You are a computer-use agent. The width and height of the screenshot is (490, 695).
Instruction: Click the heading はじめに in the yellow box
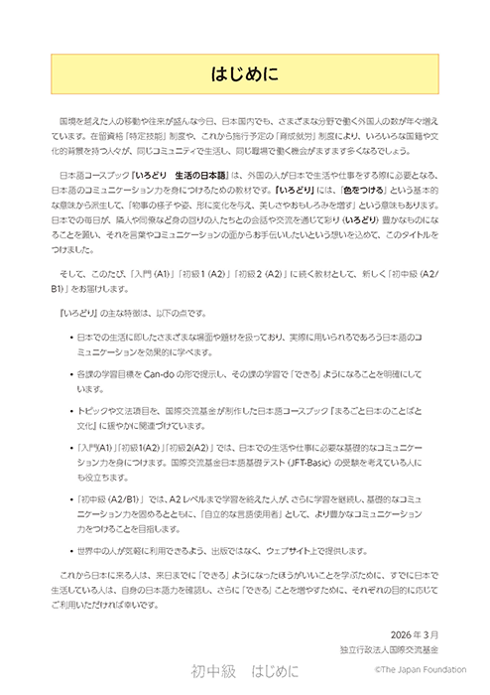pos(245,73)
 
